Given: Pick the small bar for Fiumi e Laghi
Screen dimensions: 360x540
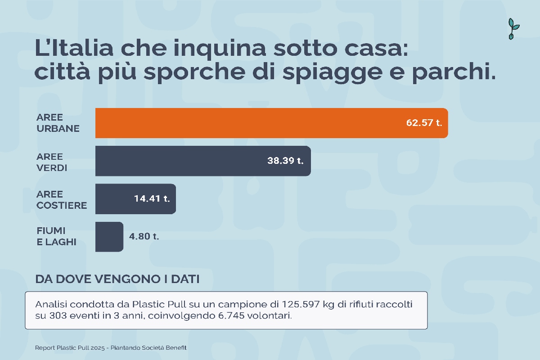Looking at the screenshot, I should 109,236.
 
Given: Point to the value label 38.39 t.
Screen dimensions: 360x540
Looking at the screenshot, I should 285,161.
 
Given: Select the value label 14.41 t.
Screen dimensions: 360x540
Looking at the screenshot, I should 152,198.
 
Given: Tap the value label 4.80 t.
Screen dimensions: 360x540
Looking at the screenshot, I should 144,236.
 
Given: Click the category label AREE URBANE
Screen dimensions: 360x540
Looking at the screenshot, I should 58,123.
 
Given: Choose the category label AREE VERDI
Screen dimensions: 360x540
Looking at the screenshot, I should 52,162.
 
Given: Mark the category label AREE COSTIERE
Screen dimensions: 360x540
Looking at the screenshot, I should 62,200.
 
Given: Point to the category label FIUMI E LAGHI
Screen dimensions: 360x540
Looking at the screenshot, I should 56,236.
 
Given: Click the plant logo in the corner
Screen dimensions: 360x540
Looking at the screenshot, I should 513,29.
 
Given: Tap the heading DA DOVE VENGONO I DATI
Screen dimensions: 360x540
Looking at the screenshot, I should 117,279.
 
